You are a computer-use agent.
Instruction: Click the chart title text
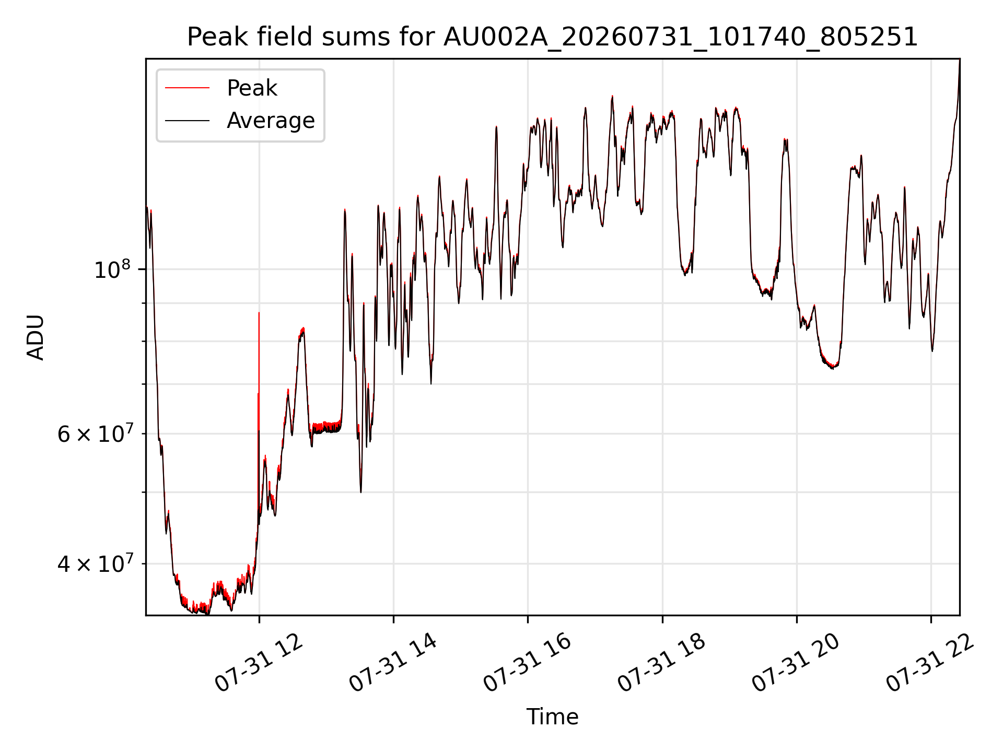[552, 37]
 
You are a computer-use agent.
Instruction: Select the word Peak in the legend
[252, 88]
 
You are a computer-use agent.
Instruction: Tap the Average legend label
[271, 121]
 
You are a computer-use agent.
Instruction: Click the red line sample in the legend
[187, 88]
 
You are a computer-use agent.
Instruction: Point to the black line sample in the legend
[187, 121]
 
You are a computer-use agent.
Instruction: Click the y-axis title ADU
[36, 337]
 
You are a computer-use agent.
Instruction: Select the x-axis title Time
[552, 717]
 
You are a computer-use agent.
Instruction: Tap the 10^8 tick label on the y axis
[112, 269]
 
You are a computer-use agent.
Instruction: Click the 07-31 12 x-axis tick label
[259, 664]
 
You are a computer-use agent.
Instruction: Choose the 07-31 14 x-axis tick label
[393, 664]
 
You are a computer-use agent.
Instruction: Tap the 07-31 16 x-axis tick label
[527, 664]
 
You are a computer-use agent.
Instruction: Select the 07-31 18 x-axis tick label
[662, 664]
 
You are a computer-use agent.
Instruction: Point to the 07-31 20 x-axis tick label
[796, 664]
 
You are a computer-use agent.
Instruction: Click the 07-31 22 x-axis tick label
[930, 664]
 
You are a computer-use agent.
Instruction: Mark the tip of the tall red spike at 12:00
[259, 312]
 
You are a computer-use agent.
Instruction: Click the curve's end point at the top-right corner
[960, 60]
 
